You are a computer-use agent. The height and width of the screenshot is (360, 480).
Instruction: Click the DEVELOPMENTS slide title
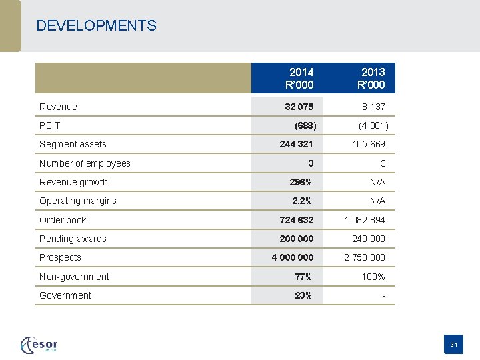[x=97, y=26]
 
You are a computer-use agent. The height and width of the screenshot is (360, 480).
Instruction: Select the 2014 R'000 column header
[x=299, y=78]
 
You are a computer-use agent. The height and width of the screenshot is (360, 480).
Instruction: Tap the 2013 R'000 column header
[x=371, y=78]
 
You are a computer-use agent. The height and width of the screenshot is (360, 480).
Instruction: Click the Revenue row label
[x=58, y=107]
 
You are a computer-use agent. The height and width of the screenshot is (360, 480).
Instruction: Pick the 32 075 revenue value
[x=299, y=107]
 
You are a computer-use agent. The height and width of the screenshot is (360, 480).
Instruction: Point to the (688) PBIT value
[x=305, y=125]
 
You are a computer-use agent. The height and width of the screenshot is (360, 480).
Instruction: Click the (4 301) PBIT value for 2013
[x=373, y=125]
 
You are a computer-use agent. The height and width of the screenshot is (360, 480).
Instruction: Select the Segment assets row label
[x=73, y=144]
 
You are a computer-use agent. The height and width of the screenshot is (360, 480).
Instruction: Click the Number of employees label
[x=85, y=163]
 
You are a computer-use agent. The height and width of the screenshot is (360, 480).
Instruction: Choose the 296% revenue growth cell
[x=301, y=182]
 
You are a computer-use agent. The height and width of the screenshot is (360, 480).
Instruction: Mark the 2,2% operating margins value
[x=302, y=201]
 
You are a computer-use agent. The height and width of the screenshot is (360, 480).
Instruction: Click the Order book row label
[x=63, y=220]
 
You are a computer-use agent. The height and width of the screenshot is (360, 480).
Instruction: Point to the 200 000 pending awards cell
[x=296, y=239]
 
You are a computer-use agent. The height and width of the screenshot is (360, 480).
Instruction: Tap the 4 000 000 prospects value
[x=292, y=257]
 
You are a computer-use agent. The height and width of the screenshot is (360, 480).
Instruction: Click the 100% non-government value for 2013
[x=373, y=277]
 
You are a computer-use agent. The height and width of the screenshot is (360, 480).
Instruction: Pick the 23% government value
[x=303, y=295]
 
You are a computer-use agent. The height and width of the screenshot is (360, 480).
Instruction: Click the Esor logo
[x=39, y=344]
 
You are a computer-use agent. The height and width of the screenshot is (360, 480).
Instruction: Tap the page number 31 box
[x=453, y=345]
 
